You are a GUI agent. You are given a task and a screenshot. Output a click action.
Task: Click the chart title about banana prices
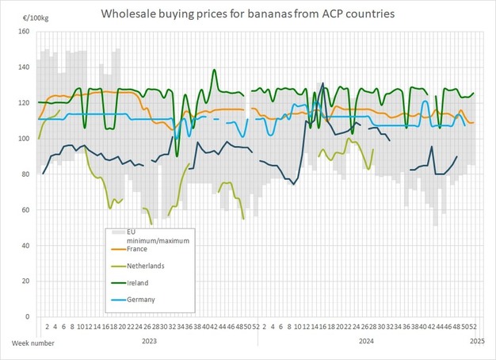pos(248,14)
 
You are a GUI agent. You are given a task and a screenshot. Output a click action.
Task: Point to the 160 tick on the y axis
pos(23,32)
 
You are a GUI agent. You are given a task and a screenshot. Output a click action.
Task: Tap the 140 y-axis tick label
pos(23,67)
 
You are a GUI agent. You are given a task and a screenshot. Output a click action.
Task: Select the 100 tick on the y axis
pos(23,139)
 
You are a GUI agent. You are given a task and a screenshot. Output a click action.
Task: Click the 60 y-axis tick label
pos(25,210)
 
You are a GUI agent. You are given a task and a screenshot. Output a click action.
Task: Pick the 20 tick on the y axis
pos(25,281)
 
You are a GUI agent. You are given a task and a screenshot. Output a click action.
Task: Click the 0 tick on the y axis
pos(27,317)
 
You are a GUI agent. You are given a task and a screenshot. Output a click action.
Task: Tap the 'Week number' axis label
pos(32,342)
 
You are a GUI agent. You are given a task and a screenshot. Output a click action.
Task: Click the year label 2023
pos(149,342)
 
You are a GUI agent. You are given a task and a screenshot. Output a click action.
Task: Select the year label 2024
pos(366,342)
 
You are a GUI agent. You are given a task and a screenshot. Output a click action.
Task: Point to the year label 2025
pos(477,342)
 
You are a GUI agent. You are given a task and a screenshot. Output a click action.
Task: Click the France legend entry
pos(137,249)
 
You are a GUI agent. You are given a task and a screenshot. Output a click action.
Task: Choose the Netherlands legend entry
pos(147,266)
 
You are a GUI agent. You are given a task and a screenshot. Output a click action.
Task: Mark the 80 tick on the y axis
pos(25,174)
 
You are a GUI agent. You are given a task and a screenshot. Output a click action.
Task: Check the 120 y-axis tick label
pos(23,103)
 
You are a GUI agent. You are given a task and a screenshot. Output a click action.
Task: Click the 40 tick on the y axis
pos(25,246)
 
